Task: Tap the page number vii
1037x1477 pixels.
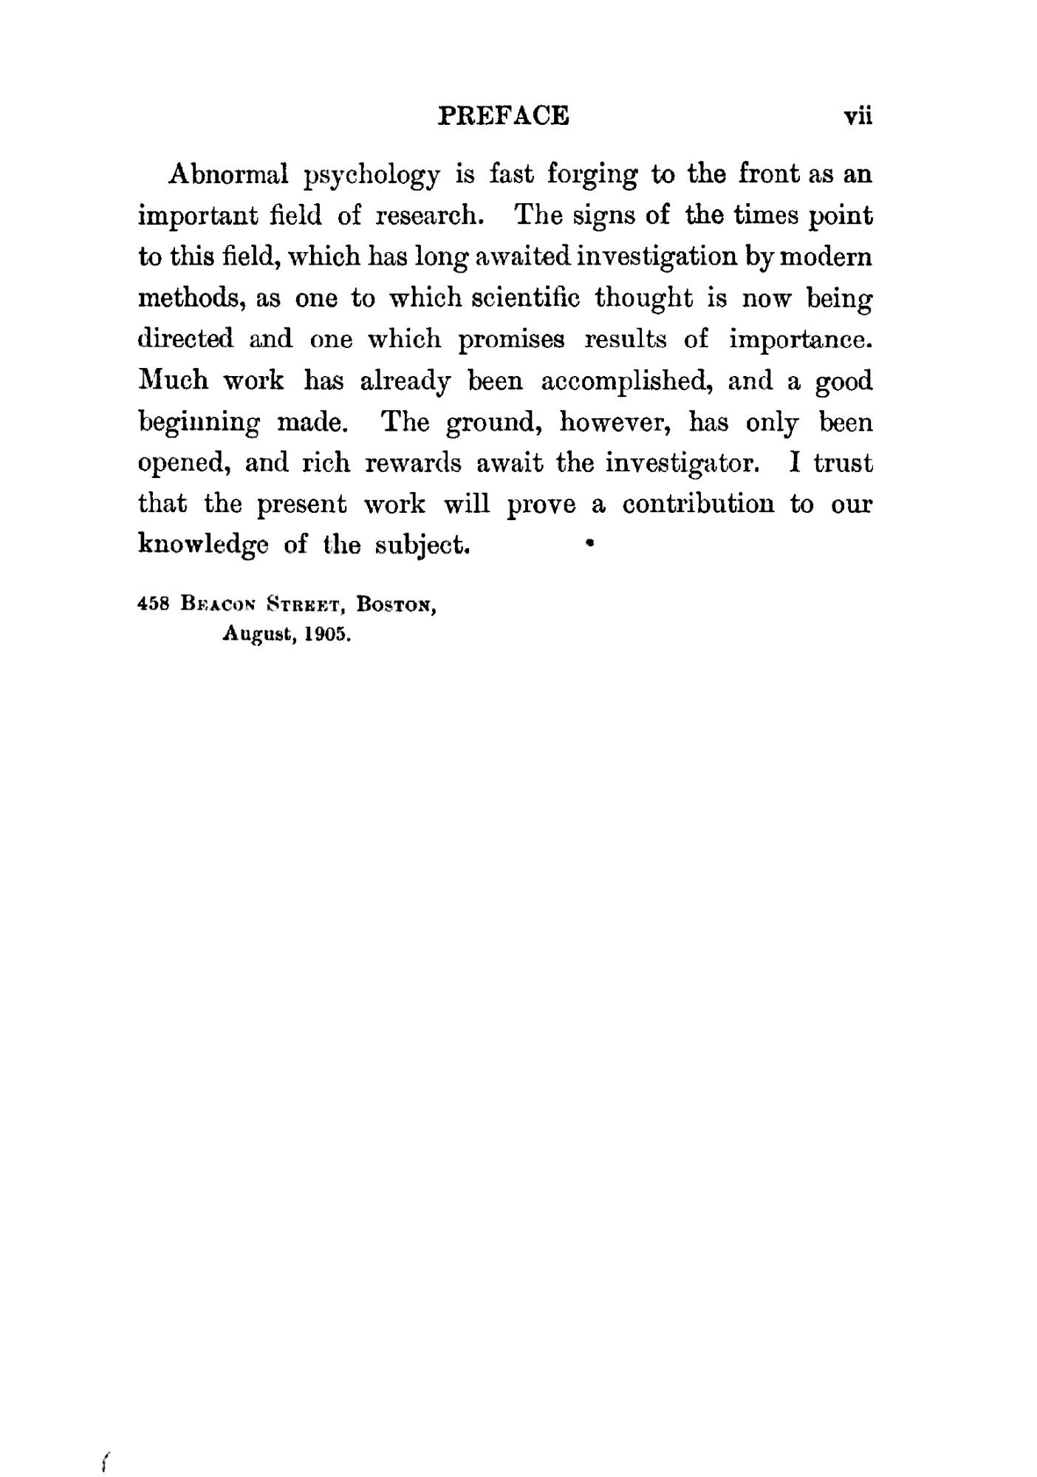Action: pos(858,116)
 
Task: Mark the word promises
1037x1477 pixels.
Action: pos(511,340)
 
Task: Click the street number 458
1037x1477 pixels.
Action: pos(154,603)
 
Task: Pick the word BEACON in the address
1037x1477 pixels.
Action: pos(220,604)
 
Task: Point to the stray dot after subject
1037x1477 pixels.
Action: pos(589,543)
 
